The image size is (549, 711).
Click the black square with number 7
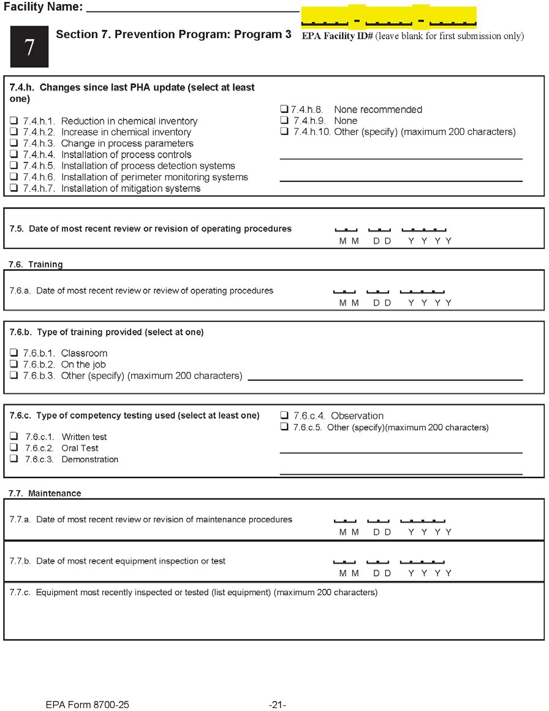[29, 48]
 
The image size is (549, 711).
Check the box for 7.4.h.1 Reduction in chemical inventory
[13, 121]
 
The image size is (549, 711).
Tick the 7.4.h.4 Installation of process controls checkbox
[13, 155]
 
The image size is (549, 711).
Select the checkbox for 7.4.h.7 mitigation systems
[13, 189]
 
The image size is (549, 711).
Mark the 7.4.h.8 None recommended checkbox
[284, 110]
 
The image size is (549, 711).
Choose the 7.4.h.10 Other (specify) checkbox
[284, 132]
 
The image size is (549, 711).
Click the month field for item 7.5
[346, 229]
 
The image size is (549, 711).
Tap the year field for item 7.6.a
[422, 291]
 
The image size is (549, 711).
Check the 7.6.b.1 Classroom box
[13, 353]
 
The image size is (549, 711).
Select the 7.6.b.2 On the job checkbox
[13, 365]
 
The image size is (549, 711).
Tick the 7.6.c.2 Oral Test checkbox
[13, 448]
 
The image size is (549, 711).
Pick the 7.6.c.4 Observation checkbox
[284, 416]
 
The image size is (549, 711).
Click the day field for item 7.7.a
[379, 520]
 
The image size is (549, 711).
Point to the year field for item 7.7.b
[422, 561]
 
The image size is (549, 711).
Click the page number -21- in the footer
[278, 705]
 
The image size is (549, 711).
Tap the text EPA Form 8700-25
[87, 705]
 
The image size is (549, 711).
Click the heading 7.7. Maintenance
[45, 493]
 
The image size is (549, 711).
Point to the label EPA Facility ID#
[338, 36]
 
